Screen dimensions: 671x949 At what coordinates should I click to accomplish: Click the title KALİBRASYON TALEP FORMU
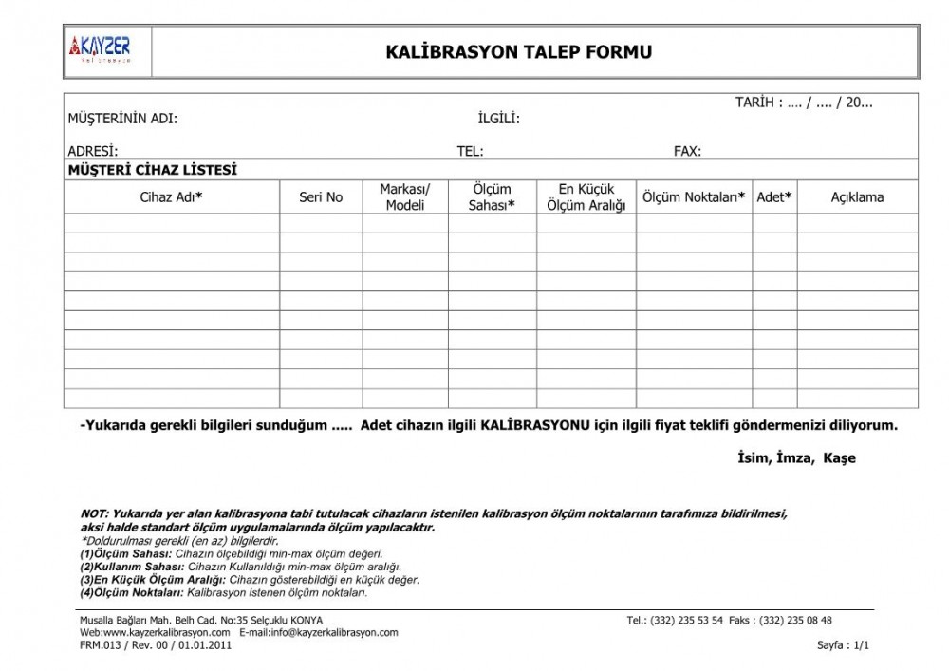[519, 52]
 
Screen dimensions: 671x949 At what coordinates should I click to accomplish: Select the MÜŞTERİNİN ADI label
[122, 119]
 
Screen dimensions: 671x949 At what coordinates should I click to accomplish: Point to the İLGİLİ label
[498, 119]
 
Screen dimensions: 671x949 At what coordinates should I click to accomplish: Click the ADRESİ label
[92, 151]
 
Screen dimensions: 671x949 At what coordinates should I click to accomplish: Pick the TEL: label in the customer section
[471, 151]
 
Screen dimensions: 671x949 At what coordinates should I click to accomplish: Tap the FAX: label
[687, 151]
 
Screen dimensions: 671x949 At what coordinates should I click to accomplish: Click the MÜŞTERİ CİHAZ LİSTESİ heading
[152, 170]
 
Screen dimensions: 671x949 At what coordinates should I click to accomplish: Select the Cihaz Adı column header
[172, 197]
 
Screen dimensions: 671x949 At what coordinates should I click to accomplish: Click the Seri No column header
[321, 197]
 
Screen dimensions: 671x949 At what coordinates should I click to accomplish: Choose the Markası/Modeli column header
[405, 197]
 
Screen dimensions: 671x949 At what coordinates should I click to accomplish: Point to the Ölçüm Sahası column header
[492, 197]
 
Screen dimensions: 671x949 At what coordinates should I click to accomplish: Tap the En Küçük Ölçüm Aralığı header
[586, 197]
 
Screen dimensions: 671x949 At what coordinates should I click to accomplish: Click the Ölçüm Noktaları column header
[694, 197]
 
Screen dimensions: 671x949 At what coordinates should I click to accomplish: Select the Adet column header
[774, 197]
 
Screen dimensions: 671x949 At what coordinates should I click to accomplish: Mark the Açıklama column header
[857, 197]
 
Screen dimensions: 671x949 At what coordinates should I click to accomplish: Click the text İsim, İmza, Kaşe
[796, 458]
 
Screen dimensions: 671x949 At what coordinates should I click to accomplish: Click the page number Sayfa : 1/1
[843, 645]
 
